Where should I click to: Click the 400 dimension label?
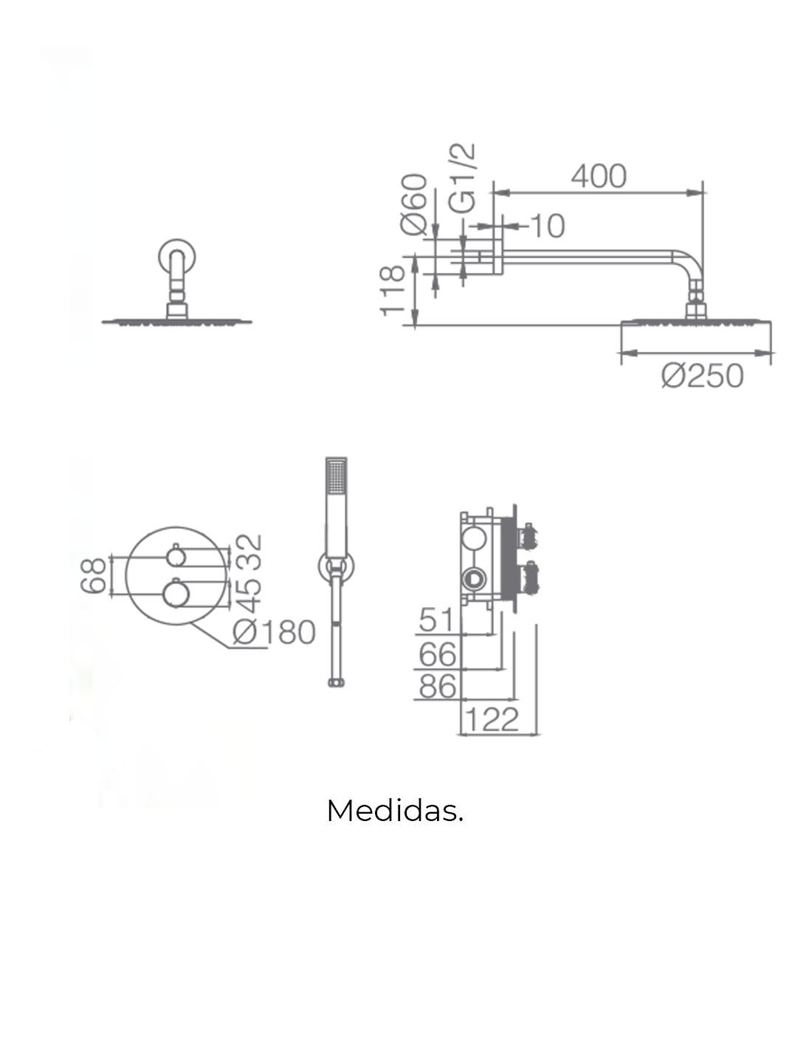pyautogui.click(x=599, y=176)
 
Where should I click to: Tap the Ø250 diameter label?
pyautogui.click(x=702, y=376)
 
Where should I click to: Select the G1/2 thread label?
pyautogui.click(x=462, y=178)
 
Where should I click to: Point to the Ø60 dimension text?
pyautogui.click(x=414, y=204)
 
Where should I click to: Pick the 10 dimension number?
pyautogui.click(x=548, y=226)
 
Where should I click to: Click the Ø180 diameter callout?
pyautogui.click(x=274, y=632)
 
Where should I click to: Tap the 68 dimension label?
pyautogui.click(x=93, y=575)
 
